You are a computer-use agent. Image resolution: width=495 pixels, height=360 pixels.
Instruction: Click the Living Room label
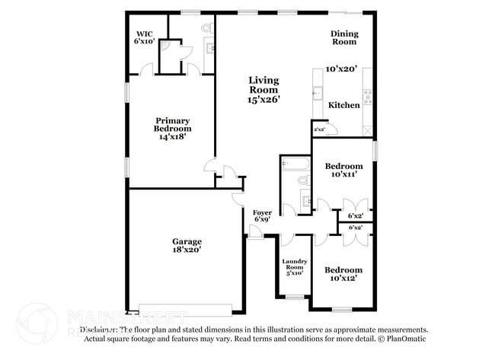point(263,84)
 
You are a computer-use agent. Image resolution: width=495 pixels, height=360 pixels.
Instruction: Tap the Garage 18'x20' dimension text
point(186,249)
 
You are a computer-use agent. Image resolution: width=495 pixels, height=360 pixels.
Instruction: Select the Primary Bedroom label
point(172,125)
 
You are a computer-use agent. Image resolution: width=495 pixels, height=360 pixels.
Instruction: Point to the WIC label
point(145,33)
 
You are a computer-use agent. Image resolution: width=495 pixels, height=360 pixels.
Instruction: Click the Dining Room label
point(343,37)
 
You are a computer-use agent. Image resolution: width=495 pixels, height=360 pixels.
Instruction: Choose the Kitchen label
point(343,105)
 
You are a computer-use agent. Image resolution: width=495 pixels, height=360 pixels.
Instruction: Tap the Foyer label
point(261,212)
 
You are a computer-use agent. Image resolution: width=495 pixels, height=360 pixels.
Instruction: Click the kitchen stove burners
point(368,95)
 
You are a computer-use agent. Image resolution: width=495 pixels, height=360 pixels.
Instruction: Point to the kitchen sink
point(316,95)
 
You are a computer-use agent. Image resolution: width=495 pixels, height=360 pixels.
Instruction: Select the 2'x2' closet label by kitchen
point(319,129)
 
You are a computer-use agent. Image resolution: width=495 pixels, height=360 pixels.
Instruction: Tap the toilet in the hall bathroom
point(302,181)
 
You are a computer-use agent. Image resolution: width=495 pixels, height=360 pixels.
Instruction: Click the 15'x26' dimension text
point(263,100)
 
